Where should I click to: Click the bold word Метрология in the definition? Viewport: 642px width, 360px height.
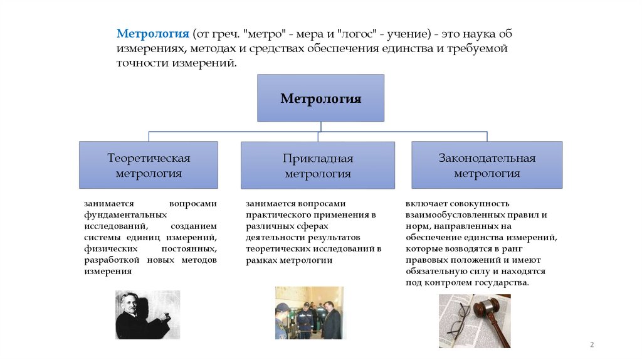tap(152, 34)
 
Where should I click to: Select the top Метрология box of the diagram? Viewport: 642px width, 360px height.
tap(320, 98)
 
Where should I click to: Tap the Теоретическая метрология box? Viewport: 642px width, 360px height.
tap(149, 165)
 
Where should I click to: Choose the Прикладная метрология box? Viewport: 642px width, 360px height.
tap(318, 166)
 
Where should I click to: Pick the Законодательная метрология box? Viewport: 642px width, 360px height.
tap(487, 165)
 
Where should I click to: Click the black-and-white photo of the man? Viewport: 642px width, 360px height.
tap(147, 314)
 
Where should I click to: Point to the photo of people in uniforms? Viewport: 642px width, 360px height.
tap(310, 313)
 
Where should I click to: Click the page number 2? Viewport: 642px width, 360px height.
tap(592, 345)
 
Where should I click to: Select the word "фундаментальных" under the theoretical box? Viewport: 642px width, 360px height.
tap(117, 214)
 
